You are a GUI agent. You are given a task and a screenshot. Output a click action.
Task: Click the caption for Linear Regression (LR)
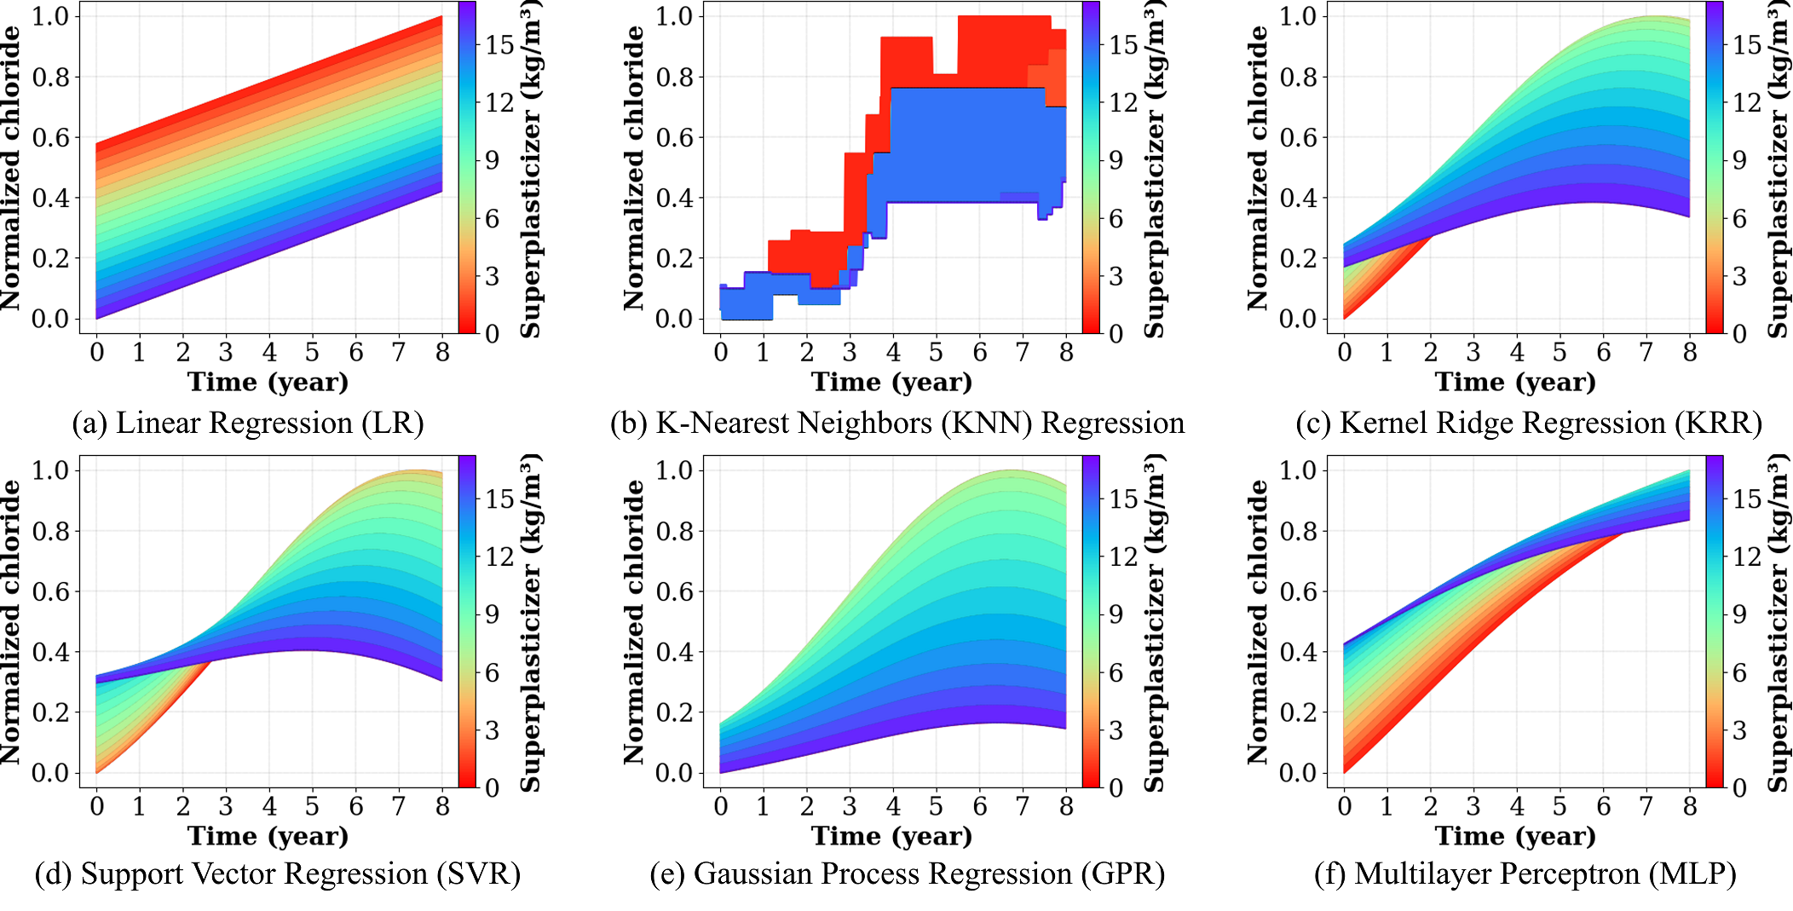coord(248,424)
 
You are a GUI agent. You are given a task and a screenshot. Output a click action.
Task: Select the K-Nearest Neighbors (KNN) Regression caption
coord(897,424)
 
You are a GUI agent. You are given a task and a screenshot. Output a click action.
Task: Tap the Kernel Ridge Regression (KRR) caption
coord(1529,424)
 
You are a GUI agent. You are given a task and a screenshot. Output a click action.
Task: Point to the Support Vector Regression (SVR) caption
coord(278,874)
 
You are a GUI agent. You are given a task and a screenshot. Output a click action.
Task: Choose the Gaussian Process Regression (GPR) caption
coord(908,874)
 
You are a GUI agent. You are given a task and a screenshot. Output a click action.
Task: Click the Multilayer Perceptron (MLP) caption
coord(1525,874)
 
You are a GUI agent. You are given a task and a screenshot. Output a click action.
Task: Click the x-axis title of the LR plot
coord(268,382)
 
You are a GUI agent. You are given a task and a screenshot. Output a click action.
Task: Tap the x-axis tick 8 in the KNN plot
coord(1066,352)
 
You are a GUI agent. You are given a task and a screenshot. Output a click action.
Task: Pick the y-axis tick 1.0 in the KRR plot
coord(1298,16)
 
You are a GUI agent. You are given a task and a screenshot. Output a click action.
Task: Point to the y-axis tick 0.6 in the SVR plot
coord(50,591)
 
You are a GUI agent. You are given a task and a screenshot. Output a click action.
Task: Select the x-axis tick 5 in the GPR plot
coord(936,806)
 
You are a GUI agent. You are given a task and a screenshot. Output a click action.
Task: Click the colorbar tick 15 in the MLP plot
coord(1747,499)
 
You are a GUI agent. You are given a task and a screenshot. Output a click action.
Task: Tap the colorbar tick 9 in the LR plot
coord(492,160)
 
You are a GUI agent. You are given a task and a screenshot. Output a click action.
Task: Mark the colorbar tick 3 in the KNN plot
coord(1116,276)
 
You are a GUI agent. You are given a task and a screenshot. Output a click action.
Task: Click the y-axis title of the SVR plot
coord(10,622)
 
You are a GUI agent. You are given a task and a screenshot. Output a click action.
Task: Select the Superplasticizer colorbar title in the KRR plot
coord(1778,168)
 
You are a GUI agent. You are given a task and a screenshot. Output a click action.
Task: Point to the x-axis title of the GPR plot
coord(891,836)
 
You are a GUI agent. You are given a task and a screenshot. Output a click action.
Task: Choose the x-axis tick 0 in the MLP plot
coord(1345,806)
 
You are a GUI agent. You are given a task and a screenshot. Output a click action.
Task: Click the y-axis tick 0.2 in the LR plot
coord(50,258)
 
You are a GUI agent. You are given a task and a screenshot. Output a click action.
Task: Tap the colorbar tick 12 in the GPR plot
coord(1123,556)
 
